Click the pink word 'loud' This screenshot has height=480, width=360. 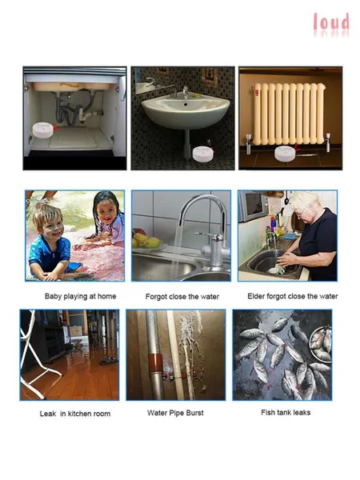click(x=331, y=22)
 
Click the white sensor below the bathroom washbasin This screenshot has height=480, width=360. click(x=204, y=154)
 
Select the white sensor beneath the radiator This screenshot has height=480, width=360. click(x=286, y=154)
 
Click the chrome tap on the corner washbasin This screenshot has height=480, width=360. click(x=185, y=91)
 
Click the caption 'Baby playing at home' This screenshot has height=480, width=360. click(x=81, y=296)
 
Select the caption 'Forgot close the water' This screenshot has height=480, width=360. click(x=182, y=297)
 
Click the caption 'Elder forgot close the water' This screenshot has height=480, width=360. click(x=293, y=296)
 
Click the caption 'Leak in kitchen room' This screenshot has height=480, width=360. click(x=75, y=414)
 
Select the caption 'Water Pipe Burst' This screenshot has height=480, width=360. click(x=175, y=413)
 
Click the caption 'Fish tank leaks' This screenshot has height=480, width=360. click(x=286, y=413)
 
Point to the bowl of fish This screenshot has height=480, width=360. click(x=321, y=345)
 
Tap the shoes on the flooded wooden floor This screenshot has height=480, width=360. click(x=109, y=361)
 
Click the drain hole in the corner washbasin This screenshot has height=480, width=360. click(x=186, y=104)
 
